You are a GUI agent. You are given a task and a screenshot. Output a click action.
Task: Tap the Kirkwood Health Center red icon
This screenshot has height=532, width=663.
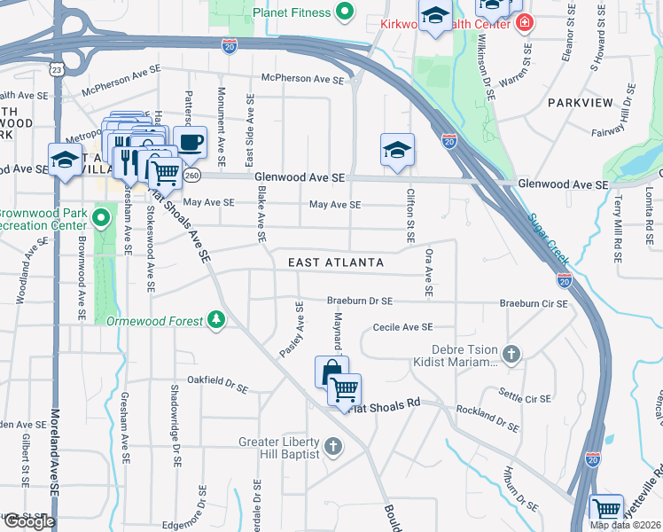tap(526, 23)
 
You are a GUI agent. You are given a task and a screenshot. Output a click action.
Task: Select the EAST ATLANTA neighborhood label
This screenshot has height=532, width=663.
tap(336, 262)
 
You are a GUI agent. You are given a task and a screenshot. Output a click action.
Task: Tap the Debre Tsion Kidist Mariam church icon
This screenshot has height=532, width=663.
tap(511, 355)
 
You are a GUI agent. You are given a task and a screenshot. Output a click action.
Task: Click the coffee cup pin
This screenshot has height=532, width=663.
tap(189, 141)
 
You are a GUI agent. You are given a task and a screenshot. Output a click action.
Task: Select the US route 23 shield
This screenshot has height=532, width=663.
tap(57, 68)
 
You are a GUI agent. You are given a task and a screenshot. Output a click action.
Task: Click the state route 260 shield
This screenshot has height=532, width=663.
tap(191, 176)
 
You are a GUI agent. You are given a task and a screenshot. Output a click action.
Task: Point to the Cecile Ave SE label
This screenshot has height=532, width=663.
tap(402, 327)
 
